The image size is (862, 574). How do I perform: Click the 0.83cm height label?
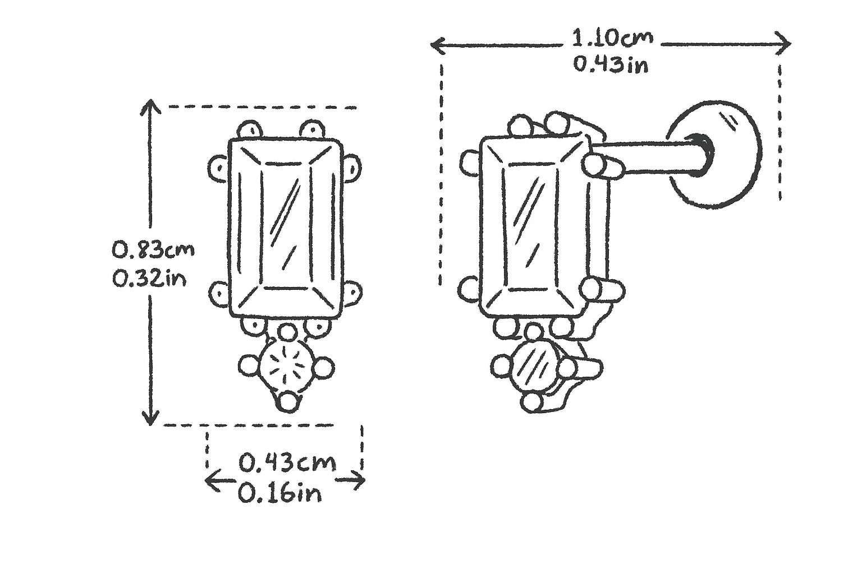(x=153, y=250)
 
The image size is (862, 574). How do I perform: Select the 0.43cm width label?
(x=287, y=462)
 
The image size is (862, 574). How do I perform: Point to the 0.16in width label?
(x=280, y=493)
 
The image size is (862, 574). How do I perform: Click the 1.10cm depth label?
(x=613, y=39)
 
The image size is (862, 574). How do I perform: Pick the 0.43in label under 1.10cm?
(x=611, y=64)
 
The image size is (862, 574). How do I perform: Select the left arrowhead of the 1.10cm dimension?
(x=437, y=45)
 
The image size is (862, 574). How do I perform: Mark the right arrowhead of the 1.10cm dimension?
(x=783, y=44)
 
